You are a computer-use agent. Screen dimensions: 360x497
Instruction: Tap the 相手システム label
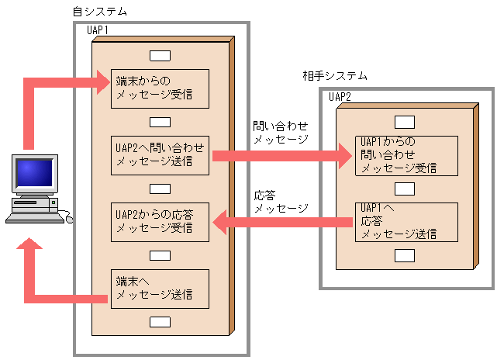[x=335, y=76]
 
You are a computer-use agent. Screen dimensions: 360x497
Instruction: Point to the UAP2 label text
[x=340, y=97]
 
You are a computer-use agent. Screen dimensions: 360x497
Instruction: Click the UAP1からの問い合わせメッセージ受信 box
[x=407, y=154]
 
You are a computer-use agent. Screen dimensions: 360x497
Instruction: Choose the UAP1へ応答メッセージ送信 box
[x=407, y=221]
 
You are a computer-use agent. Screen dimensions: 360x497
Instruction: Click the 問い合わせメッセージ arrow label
[x=281, y=132]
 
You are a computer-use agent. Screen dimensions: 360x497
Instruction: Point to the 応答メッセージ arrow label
[x=281, y=202]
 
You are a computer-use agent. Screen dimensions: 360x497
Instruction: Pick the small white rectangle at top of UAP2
[x=404, y=122]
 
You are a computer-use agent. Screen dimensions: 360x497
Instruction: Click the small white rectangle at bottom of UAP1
[x=160, y=322]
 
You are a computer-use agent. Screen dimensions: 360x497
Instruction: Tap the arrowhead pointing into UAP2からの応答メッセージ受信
[x=219, y=223]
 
